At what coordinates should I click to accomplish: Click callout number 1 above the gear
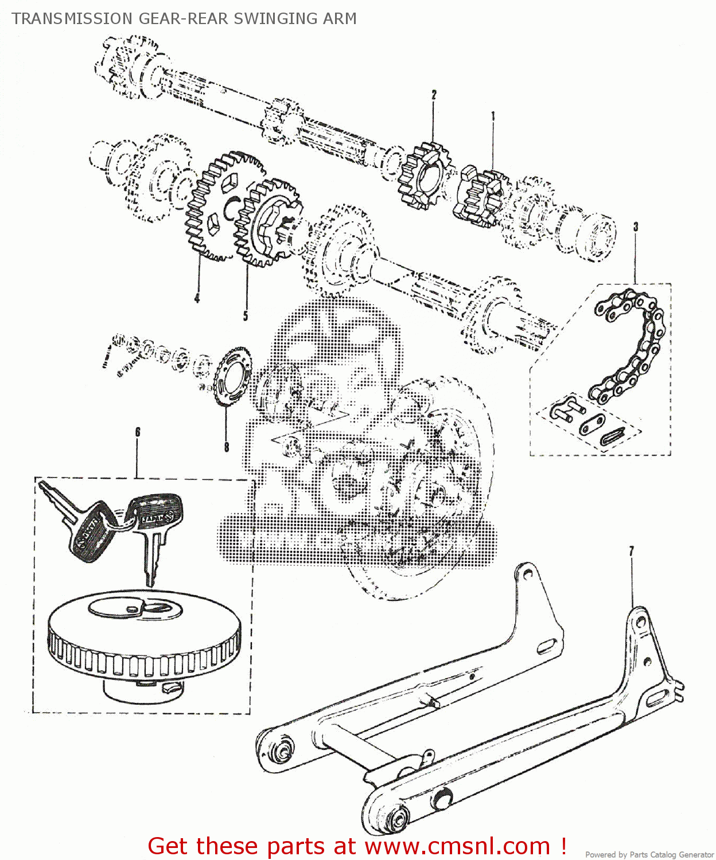coord(492,117)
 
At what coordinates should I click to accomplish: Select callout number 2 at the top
coord(434,95)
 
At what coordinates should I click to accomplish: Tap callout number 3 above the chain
coord(635,227)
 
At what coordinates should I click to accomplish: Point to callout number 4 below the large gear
coord(197,298)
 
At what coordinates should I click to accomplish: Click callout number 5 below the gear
coord(246,316)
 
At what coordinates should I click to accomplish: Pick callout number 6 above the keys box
coord(137,432)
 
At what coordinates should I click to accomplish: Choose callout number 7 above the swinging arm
coord(632,552)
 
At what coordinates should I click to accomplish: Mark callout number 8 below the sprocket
coord(226,447)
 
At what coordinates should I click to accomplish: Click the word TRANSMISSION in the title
coord(72,19)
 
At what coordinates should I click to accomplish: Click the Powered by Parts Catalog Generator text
coord(649,854)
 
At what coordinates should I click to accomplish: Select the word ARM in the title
coord(339,19)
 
